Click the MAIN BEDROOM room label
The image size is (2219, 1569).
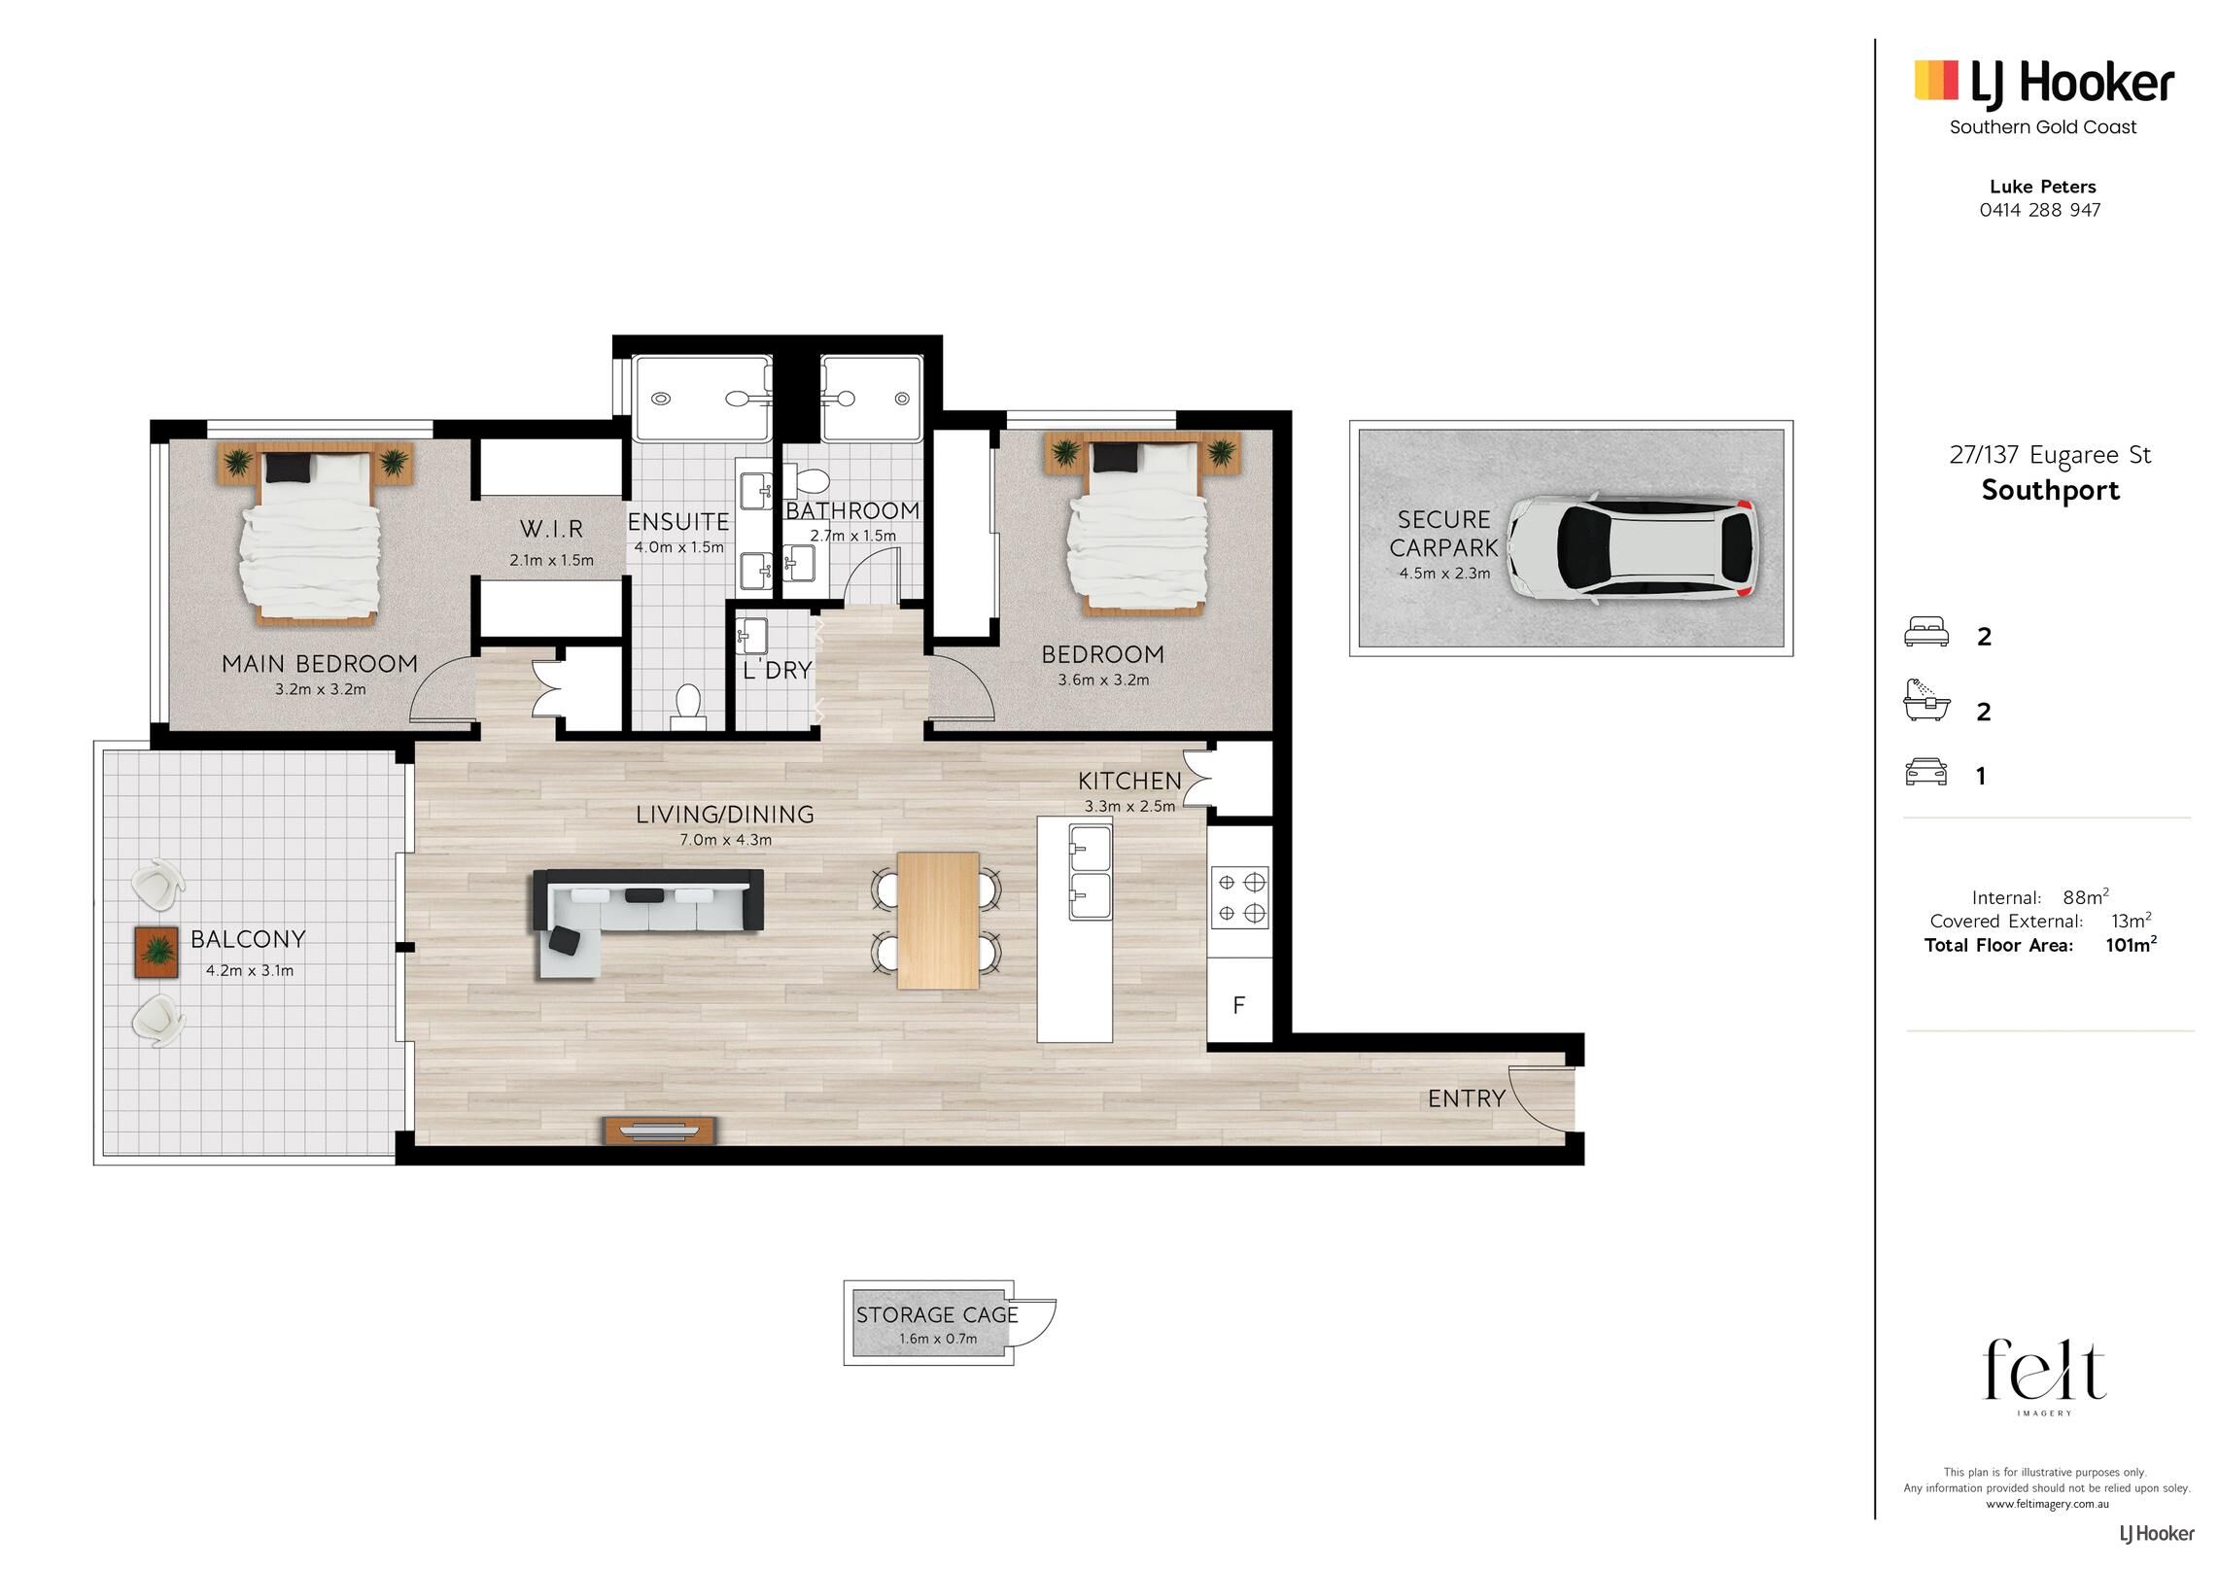pos(320,664)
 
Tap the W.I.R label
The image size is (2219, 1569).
pos(551,529)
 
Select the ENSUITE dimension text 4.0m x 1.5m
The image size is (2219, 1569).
pos(678,547)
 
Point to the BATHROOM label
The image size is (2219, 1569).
pos(852,510)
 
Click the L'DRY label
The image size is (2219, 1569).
pos(777,670)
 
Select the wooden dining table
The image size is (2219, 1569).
pos(938,921)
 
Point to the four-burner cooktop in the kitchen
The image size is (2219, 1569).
pos(1240,897)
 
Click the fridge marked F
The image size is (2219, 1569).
pos(1239,1004)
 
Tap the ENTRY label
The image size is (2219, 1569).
pos(1467,1098)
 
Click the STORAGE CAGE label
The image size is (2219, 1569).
pos(937,1315)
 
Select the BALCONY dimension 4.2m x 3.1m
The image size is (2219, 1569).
pos(250,970)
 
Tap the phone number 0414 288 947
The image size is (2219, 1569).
pos(2040,210)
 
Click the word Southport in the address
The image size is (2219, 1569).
pos(2051,490)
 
